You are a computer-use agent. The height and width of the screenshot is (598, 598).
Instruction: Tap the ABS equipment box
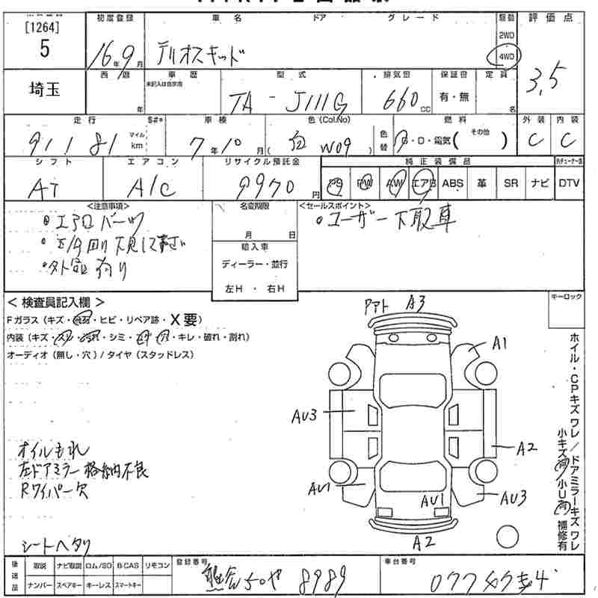452,182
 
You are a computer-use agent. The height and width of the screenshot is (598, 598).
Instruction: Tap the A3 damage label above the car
416,303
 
